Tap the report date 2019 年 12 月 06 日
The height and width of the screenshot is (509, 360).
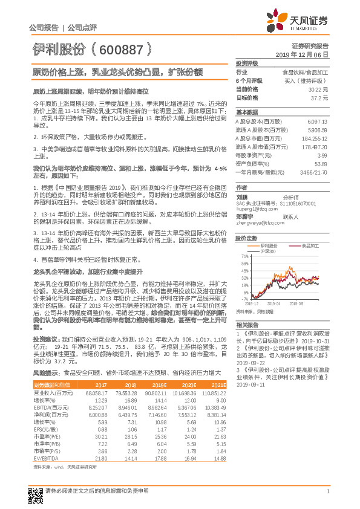(306, 54)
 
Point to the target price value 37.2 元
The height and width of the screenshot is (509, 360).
(321, 97)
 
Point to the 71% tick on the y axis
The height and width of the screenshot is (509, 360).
(242, 256)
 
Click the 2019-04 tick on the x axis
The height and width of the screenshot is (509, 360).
(274, 304)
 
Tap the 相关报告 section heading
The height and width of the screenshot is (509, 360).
(246, 325)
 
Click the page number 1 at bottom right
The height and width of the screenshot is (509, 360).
(327, 491)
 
